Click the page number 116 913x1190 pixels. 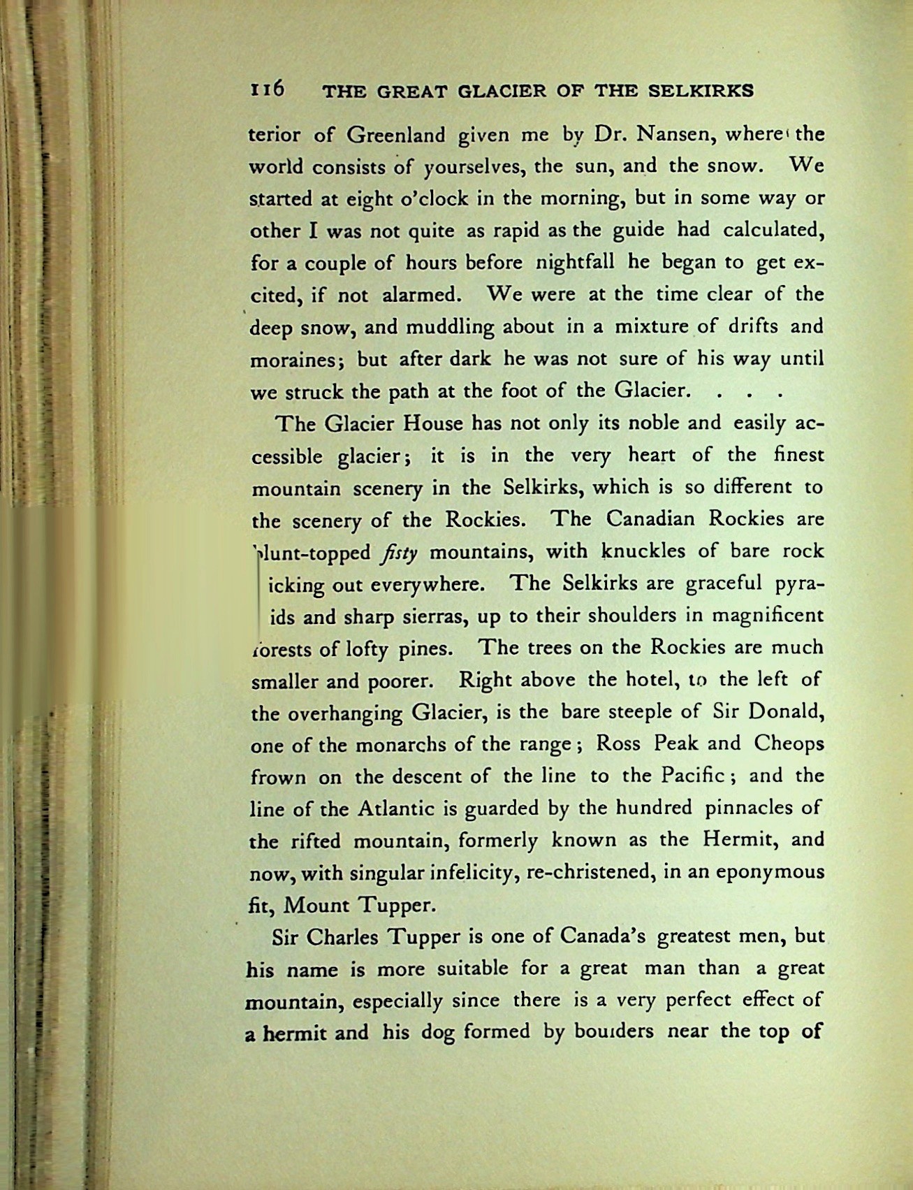(x=268, y=89)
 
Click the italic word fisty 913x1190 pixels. (x=400, y=553)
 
